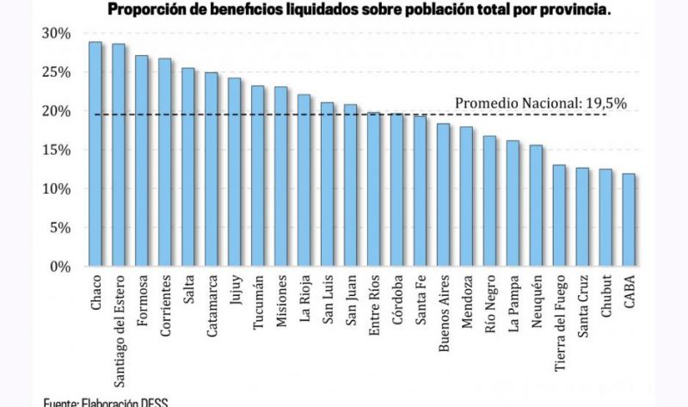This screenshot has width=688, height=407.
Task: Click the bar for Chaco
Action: pyautogui.click(x=95, y=155)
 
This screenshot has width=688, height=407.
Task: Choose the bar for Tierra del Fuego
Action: pyautogui.click(x=559, y=216)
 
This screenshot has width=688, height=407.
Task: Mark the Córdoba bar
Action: pyautogui.click(x=396, y=190)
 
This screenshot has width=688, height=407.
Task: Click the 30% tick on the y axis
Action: pyautogui.click(x=56, y=34)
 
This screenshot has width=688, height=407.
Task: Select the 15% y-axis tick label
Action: pyautogui.click(x=56, y=151)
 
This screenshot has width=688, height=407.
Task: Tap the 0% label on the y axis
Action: pyautogui.click(x=59, y=267)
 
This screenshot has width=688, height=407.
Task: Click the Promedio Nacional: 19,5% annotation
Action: pyautogui.click(x=540, y=103)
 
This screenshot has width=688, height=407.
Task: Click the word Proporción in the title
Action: pyautogui.click(x=143, y=10)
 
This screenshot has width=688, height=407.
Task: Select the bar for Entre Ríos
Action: pyautogui.click(x=373, y=189)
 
